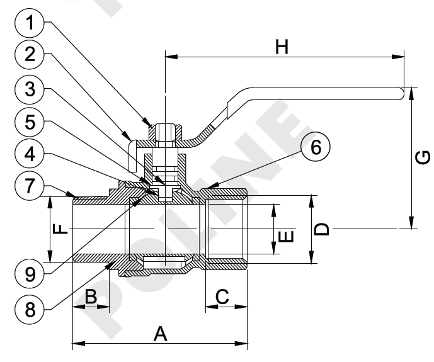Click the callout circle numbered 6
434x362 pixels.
tap(315, 148)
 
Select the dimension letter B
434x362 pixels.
tap(90, 297)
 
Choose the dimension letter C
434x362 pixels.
tap(222, 295)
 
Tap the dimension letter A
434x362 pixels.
tap(161, 334)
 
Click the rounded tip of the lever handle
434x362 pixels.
tap(401, 94)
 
